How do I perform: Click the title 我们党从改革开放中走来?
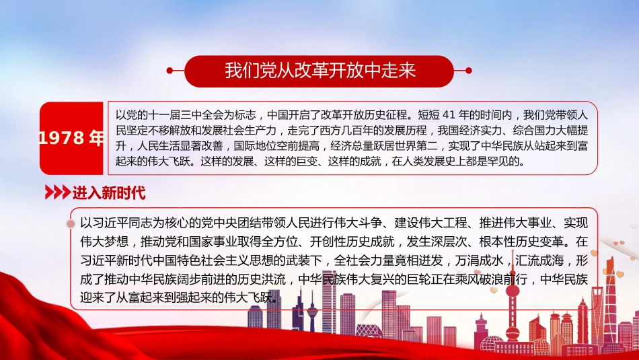pyautogui.click(x=319, y=71)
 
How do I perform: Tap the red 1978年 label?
pyautogui.click(x=72, y=138)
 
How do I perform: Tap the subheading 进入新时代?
pyautogui.click(x=108, y=193)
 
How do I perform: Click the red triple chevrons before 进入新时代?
pyautogui.click(x=57, y=193)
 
